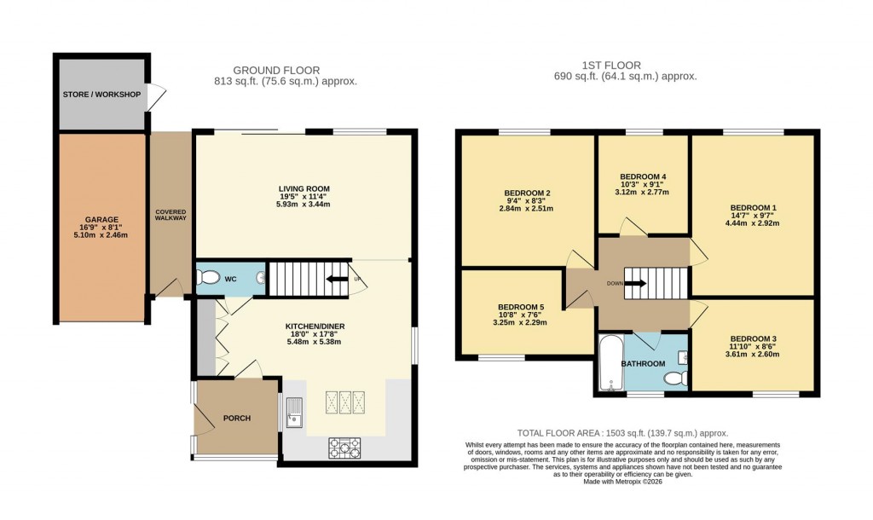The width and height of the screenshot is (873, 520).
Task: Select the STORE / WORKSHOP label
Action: click(x=101, y=94)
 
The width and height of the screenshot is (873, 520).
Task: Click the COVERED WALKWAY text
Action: click(x=171, y=215)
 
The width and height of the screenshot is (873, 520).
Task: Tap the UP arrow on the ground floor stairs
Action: click(x=337, y=278)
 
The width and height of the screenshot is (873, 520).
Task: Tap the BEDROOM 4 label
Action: click(x=642, y=176)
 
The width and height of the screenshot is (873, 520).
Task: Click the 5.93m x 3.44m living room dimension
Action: click(x=304, y=205)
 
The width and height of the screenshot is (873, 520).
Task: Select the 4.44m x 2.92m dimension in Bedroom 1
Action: click(x=754, y=223)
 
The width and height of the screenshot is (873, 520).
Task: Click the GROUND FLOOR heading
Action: click(x=276, y=70)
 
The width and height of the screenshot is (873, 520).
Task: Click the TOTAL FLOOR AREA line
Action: click(x=622, y=434)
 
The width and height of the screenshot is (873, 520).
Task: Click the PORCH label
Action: click(x=238, y=418)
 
